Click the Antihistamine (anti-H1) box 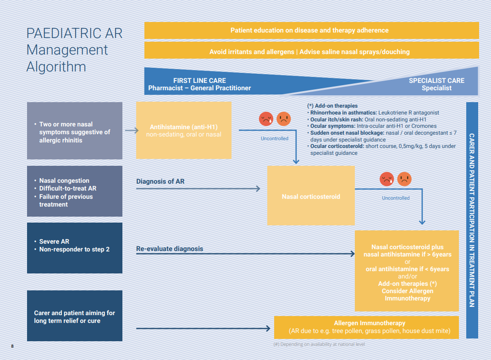[184, 131]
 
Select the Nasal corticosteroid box [311, 196]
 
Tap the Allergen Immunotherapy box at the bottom [366, 327]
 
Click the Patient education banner [311, 31]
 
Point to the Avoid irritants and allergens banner [311, 52]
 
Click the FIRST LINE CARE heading [199, 81]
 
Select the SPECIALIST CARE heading [436, 81]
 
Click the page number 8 [12, 346]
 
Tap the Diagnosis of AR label [160, 181]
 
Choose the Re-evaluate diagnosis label [170, 249]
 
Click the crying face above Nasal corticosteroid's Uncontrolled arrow [387, 179]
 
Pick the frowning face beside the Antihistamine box [284, 119]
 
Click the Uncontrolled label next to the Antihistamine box [275, 138]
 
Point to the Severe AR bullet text [54, 241]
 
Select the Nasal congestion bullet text [64, 180]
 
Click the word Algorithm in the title [56, 67]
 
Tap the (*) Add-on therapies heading [332, 106]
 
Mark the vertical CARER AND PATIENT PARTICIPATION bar [472, 220]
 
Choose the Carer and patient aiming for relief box [75, 316]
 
